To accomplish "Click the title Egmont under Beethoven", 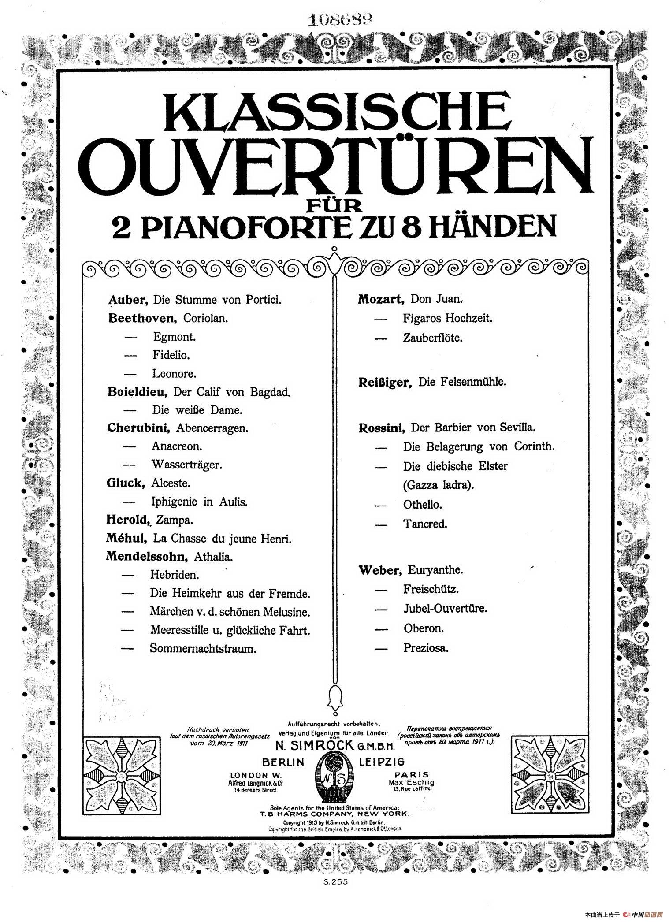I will [174, 337].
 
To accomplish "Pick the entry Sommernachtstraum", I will [203, 648].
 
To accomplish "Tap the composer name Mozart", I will [381, 299].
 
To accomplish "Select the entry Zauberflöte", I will [432, 338].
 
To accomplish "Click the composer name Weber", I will [380, 570].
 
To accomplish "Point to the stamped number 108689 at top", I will [340, 19].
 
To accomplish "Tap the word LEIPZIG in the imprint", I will [382, 762].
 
